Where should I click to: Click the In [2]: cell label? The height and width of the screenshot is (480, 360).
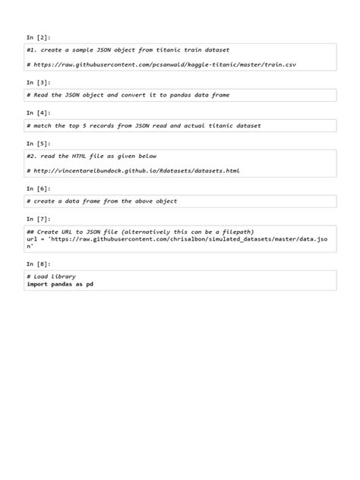(x=38, y=36)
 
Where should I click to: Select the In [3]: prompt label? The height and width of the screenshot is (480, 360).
(x=38, y=82)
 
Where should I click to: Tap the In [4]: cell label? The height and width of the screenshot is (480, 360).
(x=38, y=112)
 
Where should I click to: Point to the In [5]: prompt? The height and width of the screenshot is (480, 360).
(x=38, y=143)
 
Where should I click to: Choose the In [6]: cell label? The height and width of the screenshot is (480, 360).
(x=38, y=188)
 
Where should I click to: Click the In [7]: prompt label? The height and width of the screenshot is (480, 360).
(x=38, y=219)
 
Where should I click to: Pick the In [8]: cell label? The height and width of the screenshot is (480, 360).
(x=38, y=264)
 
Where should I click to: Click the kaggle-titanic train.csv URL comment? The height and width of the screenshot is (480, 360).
(x=161, y=65)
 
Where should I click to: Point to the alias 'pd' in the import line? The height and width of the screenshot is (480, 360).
(x=90, y=284)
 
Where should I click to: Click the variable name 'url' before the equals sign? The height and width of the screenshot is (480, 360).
(x=31, y=238)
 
